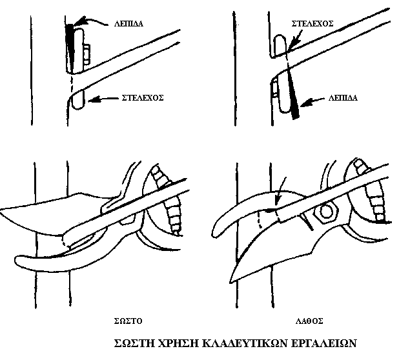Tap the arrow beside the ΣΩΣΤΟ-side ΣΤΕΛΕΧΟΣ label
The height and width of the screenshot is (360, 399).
tap(103, 99)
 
